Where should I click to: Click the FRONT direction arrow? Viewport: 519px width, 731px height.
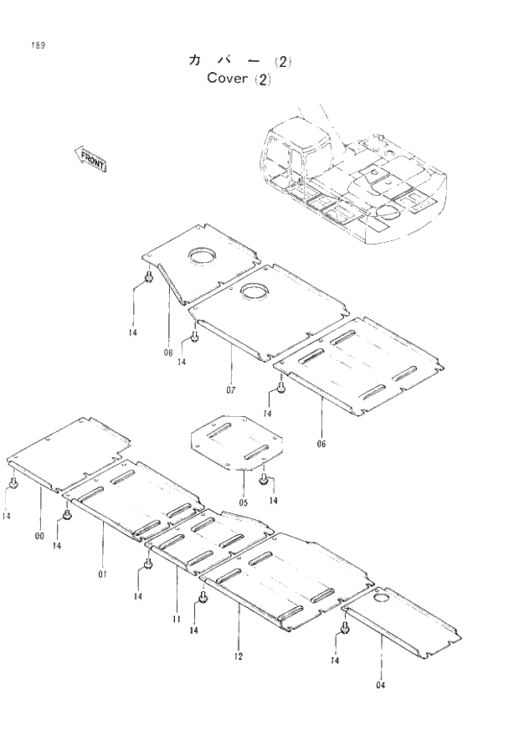(91, 159)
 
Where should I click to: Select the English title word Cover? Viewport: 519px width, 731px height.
(227, 79)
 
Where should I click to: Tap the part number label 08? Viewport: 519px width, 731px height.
(168, 353)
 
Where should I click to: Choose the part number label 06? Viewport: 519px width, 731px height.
(321, 444)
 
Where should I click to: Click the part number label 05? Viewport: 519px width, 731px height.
(243, 502)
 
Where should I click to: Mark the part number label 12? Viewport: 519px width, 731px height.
(239, 656)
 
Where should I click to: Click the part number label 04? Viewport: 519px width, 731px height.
(382, 684)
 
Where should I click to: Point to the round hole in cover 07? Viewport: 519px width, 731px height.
(253, 291)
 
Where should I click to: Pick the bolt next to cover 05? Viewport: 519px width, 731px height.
(264, 480)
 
